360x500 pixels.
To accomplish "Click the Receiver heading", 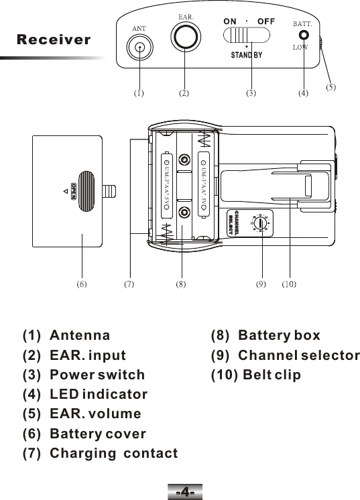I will pos(54,40).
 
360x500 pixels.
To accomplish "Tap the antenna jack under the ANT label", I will pos(139,48).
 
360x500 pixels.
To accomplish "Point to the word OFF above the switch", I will pos(266,20).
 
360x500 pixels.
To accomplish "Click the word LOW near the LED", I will pos(300,48).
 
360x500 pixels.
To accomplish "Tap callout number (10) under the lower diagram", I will pos(289,284).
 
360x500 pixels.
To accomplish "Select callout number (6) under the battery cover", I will pos(80,284).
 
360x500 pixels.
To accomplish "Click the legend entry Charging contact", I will pos(114,454).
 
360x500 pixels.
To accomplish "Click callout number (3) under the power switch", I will pos(251,94).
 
